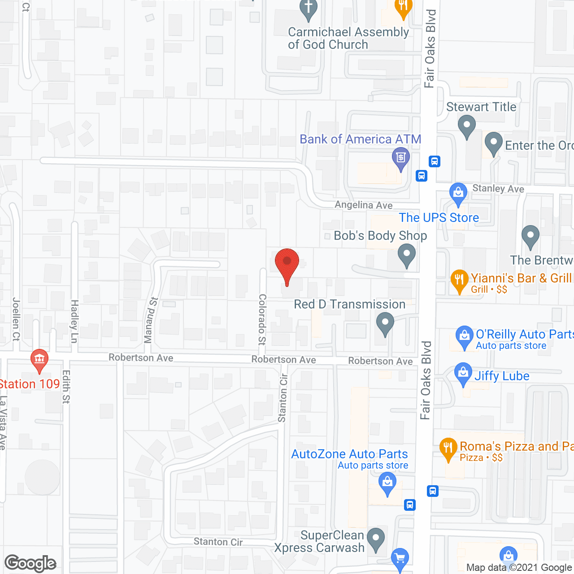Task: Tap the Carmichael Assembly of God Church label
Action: [x=348, y=39]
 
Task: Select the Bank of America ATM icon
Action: [x=400, y=158]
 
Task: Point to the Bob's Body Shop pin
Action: [x=407, y=255]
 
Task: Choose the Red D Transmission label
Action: [x=349, y=304]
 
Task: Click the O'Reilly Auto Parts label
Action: [x=524, y=335]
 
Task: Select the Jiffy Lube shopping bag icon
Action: [x=463, y=374]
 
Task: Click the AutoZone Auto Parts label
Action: [x=349, y=454]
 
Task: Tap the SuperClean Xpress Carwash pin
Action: [x=375, y=539]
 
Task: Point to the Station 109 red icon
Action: [x=39, y=360]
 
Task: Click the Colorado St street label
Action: [x=262, y=319]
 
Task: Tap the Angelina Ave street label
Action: [x=364, y=205]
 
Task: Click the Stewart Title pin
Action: [x=467, y=126]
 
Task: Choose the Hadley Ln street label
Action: [x=74, y=321]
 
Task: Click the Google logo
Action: [x=30, y=563]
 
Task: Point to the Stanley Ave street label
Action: [x=498, y=189]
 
